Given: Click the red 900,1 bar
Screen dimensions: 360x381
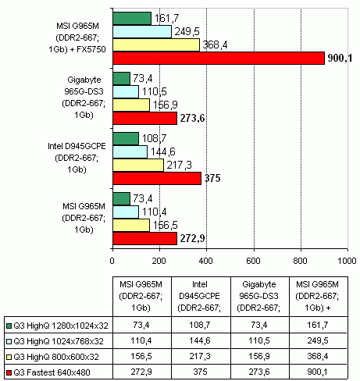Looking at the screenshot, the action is pos(219,58).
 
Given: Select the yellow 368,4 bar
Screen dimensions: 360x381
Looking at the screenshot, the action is pos(156,45).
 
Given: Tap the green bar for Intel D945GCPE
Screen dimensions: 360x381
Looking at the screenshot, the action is pos(126,139).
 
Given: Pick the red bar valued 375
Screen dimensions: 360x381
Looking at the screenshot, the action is pos(157,178).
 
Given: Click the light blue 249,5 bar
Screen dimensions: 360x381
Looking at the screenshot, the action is pos(142,32).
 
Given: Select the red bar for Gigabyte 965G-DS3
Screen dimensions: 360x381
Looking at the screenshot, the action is pos(145,118).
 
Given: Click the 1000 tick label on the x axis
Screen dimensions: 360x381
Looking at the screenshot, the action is pos(347,261).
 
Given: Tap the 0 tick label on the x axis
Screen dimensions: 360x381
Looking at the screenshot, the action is pos(112,261).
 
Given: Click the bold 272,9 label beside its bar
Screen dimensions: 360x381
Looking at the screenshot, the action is pos(192,238).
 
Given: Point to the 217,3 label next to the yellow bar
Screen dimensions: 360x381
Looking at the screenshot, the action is pos(179,165).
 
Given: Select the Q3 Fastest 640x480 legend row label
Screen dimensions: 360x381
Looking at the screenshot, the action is pos(52,372).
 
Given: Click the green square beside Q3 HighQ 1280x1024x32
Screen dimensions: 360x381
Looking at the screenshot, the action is pos(9,326).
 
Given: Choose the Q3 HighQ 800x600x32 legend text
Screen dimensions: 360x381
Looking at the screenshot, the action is pos(56,357).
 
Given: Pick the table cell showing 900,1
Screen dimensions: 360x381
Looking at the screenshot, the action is pos(319,372).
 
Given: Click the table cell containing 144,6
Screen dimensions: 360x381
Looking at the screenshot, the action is pos(201,340).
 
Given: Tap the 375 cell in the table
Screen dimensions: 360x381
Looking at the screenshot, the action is pos(201,372).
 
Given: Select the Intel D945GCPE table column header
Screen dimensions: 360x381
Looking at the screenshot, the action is pos(200,296).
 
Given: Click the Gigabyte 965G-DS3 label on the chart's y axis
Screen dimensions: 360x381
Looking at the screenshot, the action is pos(84,98).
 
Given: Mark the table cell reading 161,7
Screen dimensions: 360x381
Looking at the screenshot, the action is pos(319,325).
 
